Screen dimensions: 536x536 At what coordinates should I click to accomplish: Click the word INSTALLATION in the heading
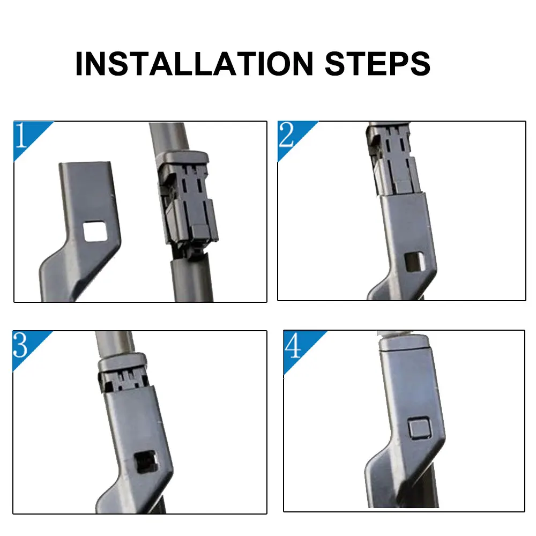[x=194, y=64]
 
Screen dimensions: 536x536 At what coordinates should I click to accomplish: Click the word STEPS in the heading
[x=378, y=64]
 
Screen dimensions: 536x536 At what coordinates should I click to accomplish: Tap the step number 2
[x=286, y=135]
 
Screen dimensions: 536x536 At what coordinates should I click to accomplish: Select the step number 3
[x=20, y=345]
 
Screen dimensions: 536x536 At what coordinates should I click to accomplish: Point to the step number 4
[x=293, y=345]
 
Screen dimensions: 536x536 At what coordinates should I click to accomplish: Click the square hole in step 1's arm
[x=95, y=232]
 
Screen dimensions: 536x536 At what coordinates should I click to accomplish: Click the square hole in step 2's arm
[x=414, y=262]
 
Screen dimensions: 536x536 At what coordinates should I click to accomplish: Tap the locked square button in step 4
[x=419, y=428]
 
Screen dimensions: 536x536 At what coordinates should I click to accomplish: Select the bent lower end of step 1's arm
[x=73, y=273]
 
